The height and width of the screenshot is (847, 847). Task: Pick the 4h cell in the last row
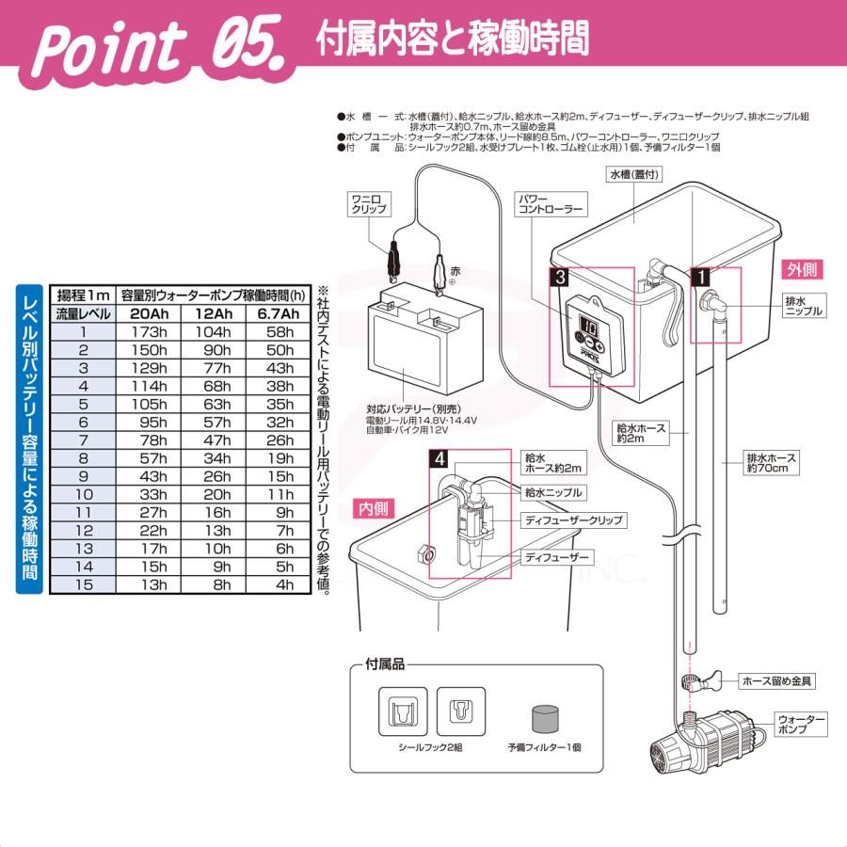tap(280, 583)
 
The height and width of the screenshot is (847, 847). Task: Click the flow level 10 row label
tap(84, 493)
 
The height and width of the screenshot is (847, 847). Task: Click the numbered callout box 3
tap(560, 277)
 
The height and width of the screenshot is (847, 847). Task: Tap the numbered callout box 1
tap(700, 277)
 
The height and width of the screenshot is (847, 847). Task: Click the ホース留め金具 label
tap(777, 679)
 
